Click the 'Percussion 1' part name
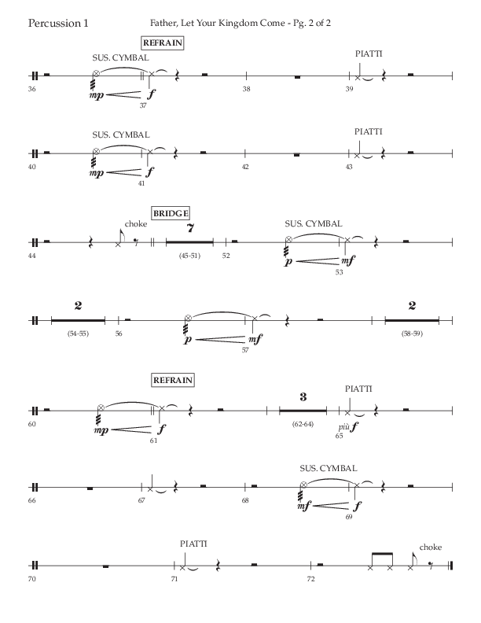(57, 23)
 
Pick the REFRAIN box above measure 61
(173, 381)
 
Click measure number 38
(246, 90)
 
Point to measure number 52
(226, 256)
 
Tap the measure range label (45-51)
(189, 255)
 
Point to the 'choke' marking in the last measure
(431, 547)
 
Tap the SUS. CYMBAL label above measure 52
(314, 223)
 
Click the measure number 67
(142, 500)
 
